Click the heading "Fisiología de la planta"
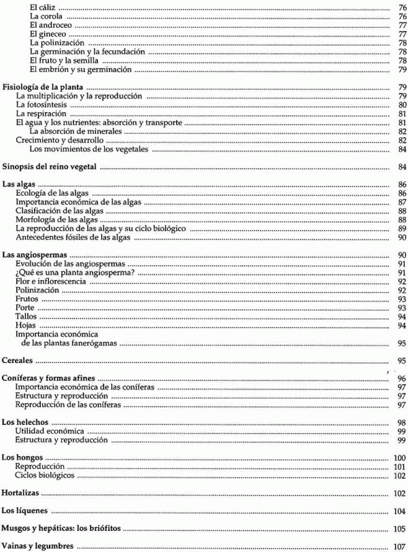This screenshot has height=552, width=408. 44,88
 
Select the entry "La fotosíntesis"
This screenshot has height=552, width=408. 42,105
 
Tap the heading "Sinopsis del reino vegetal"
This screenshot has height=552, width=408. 51,167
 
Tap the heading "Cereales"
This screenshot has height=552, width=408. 19,361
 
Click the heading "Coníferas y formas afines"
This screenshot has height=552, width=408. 48,379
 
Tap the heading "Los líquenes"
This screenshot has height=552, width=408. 24,511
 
